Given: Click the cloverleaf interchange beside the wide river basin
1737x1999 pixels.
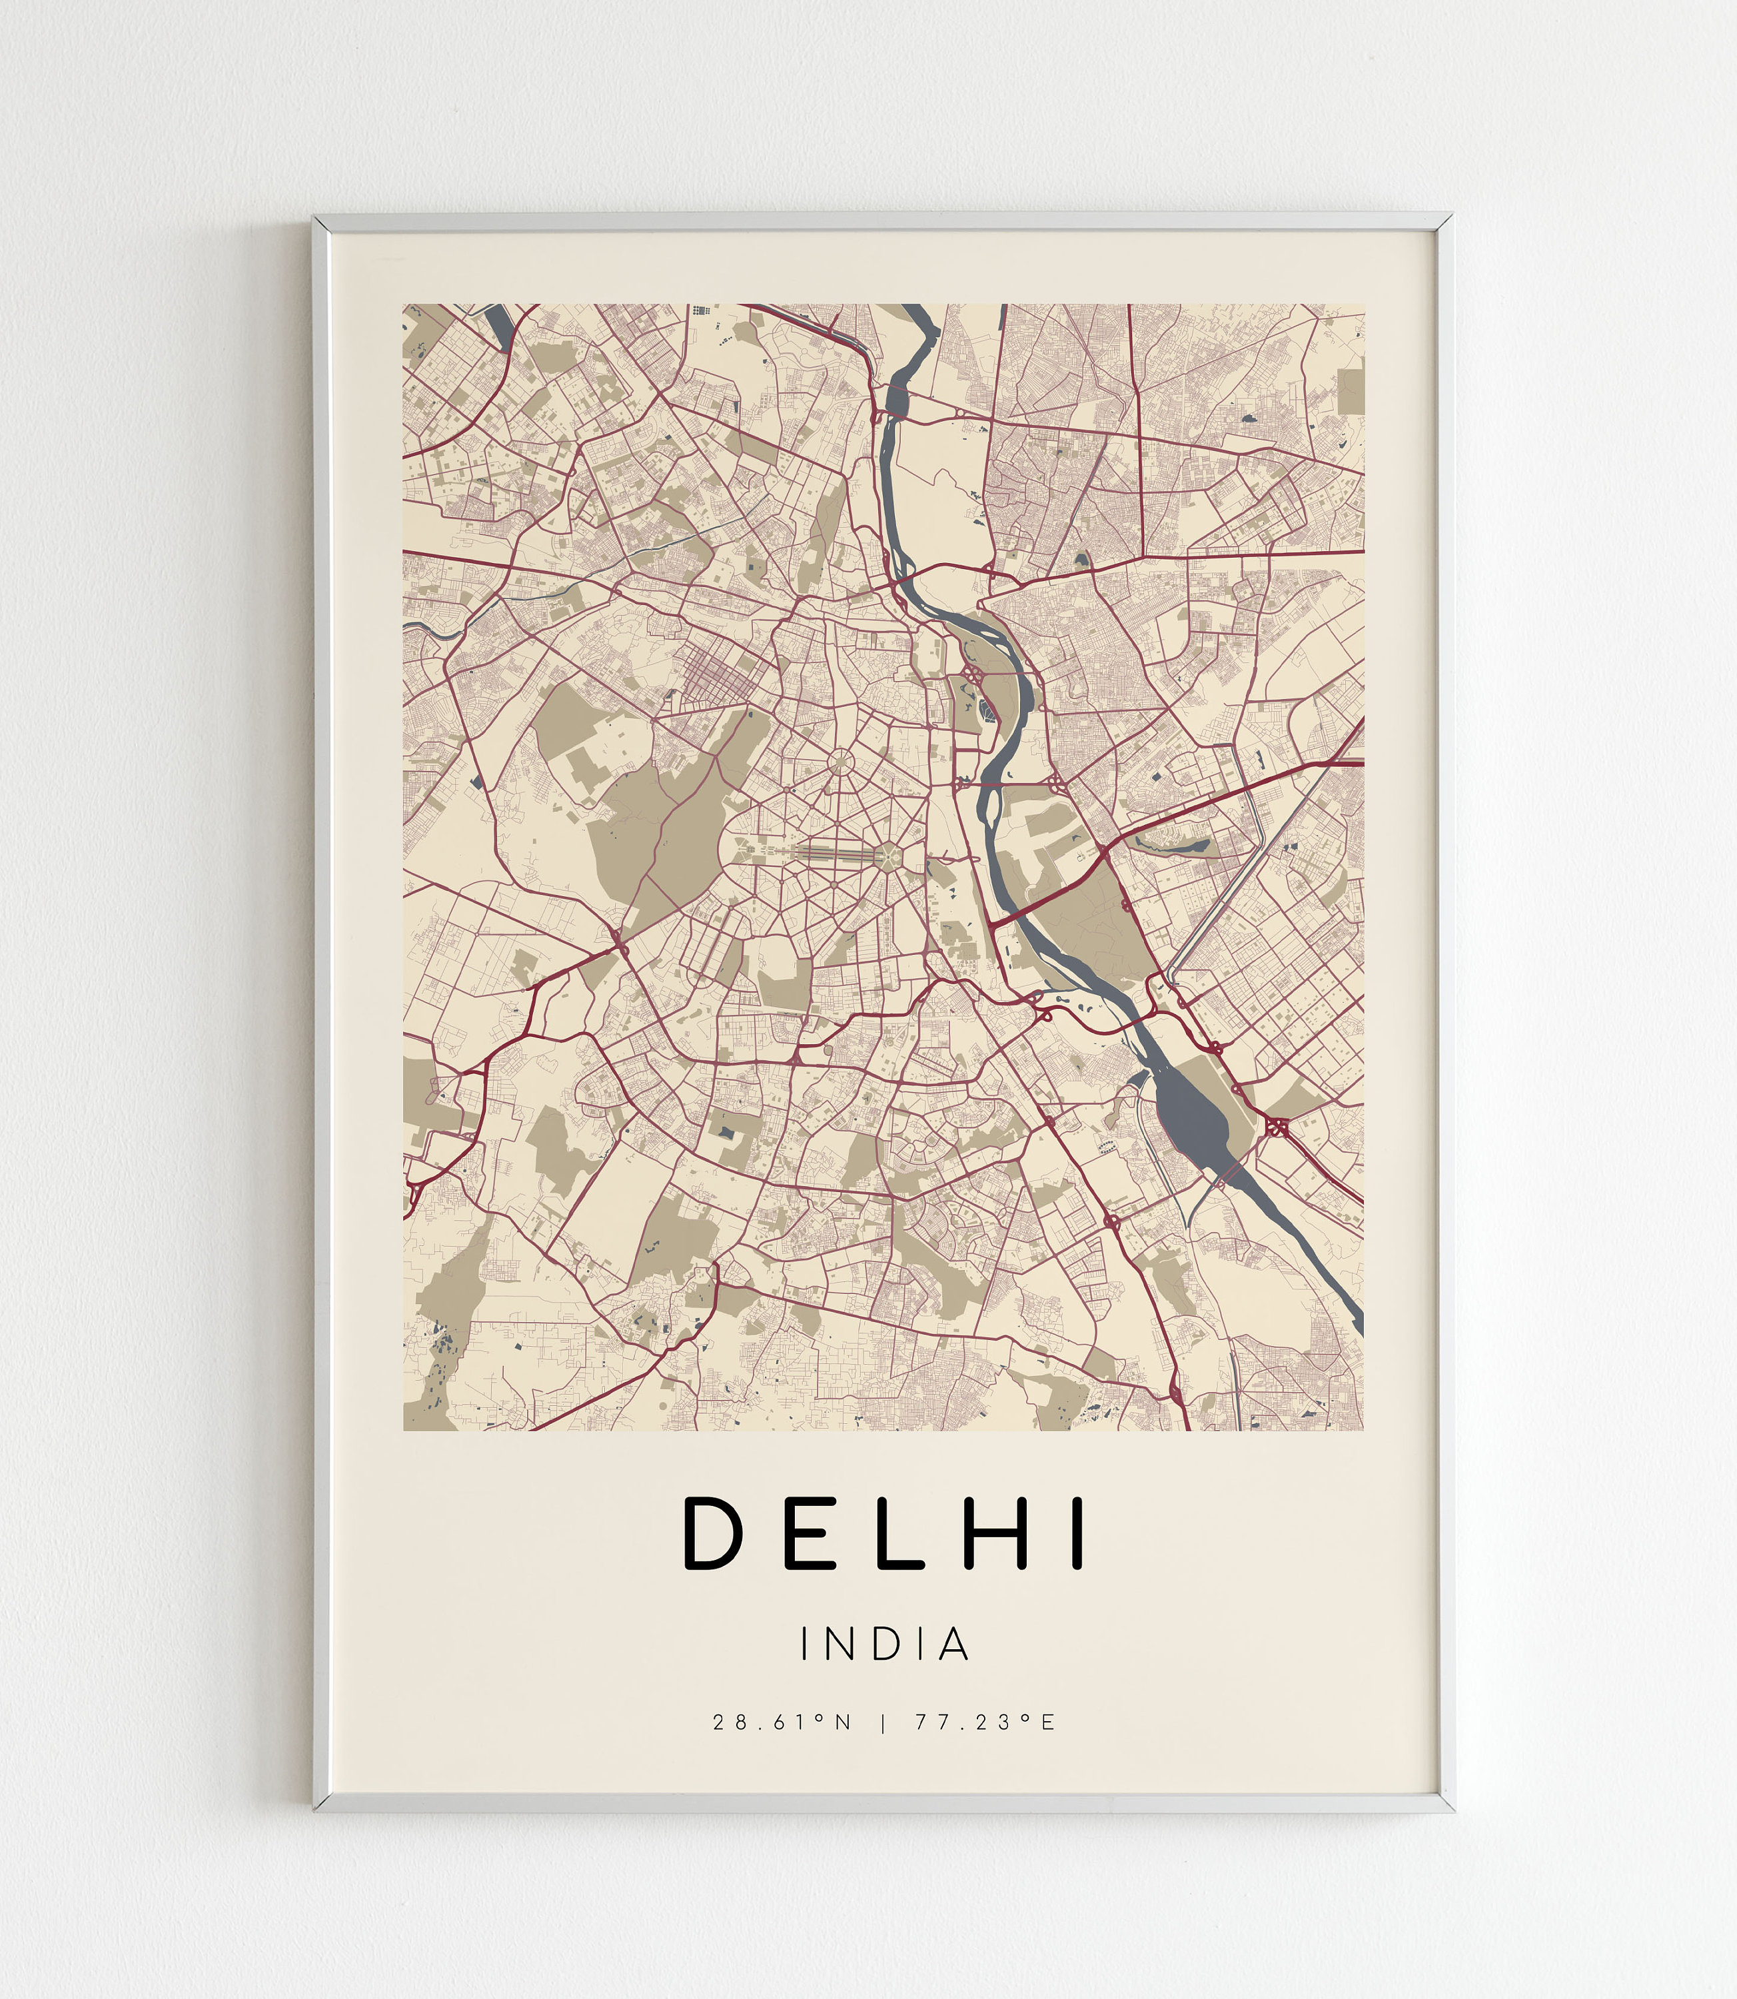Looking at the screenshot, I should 1276,1127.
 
